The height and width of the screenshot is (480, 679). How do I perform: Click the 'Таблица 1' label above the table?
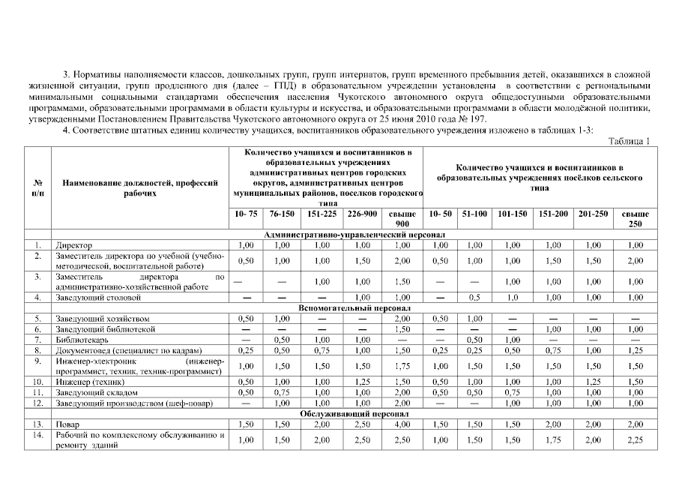(x=629, y=141)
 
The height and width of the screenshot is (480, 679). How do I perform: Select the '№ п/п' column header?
(x=37, y=187)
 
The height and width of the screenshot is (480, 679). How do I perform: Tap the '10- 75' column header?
(x=246, y=214)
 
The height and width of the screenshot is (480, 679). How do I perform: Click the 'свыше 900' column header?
(x=403, y=218)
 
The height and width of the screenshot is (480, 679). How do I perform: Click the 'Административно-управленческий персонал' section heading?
(x=349, y=234)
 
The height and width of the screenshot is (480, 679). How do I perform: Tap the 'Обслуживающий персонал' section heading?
(x=349, y=413)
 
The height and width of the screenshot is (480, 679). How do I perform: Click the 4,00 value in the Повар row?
(x=403, y=424)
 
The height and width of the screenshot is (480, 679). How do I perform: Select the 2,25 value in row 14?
(x=636, y=439)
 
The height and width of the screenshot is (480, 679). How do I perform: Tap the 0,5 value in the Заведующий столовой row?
(x=474, y=297)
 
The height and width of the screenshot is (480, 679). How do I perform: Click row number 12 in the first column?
(x=37, y=403)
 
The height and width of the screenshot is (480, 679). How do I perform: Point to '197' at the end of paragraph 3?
(x=478, y=118)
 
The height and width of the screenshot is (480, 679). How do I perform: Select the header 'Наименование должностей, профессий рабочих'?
(x=141, y=187)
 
